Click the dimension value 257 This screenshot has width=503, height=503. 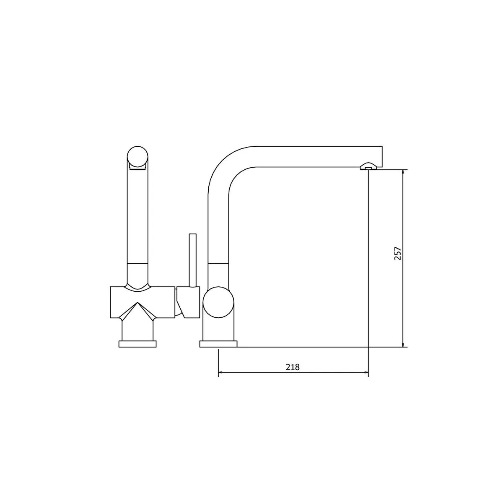click(397, 253)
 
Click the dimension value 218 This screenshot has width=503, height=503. click(293, 367)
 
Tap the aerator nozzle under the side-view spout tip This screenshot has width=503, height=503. click(368, 166)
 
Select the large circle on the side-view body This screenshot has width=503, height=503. click(218, 302)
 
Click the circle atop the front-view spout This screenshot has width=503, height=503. click(137, 157)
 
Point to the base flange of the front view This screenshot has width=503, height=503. click(137, 344)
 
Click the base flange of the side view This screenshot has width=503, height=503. click(218, 344)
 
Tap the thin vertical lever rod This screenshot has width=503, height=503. click(193, 260)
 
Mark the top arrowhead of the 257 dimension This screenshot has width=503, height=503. click(403, 173)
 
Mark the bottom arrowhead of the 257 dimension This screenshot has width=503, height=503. click(403, 344)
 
